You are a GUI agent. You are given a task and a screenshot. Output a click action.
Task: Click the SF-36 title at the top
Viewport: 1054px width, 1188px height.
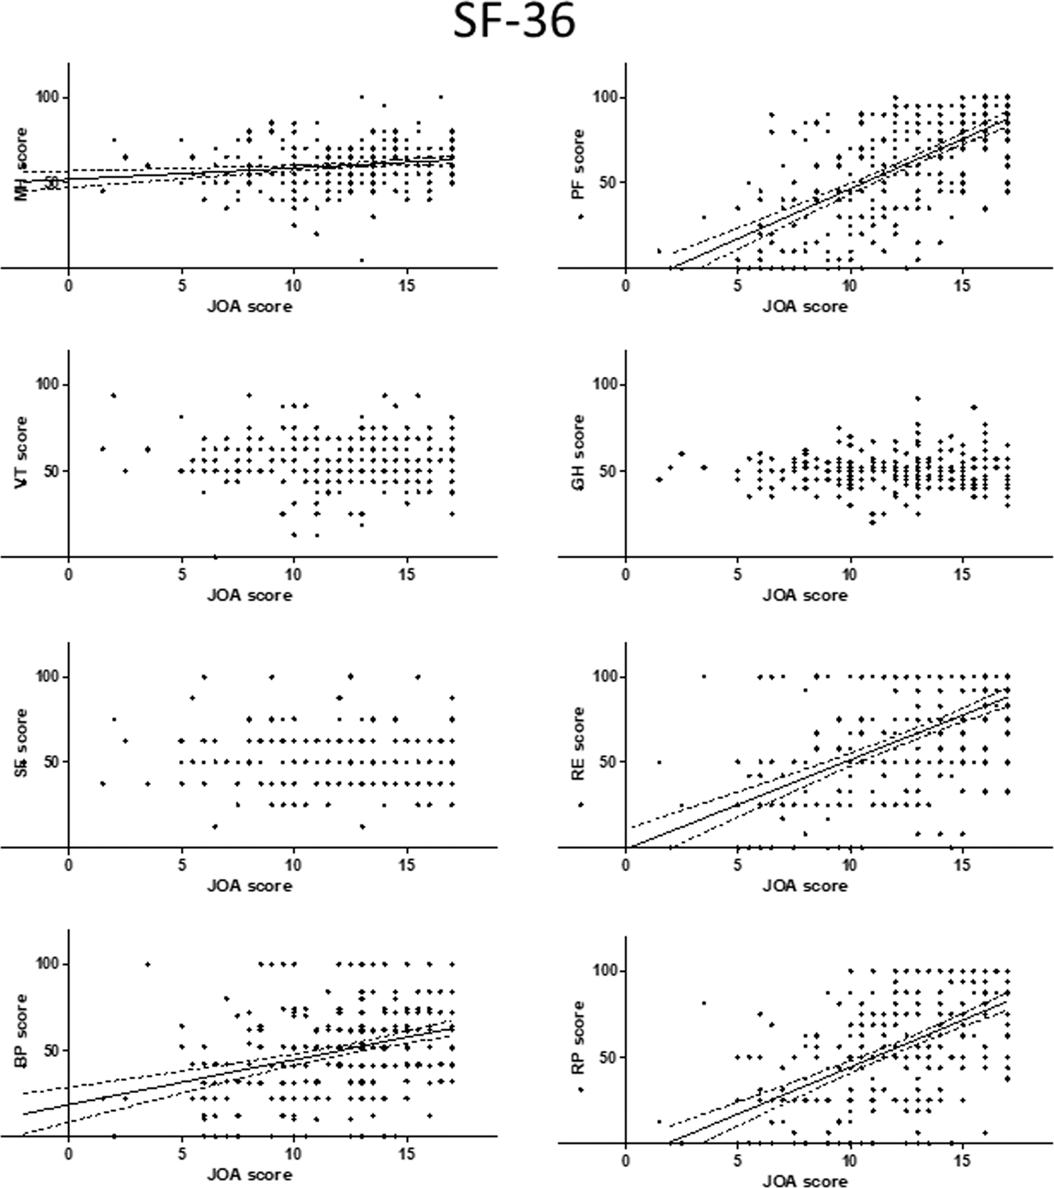pos(514,24)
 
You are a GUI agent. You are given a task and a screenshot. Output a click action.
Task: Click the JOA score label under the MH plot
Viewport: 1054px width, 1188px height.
pos(249,307)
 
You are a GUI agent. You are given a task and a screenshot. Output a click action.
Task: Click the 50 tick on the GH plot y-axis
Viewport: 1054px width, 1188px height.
pos(605,471)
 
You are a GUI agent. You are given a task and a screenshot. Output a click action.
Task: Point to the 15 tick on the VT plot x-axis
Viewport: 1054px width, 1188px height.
pos(407,574)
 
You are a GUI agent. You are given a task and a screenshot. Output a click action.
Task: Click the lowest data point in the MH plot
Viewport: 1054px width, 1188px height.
pos(362,260)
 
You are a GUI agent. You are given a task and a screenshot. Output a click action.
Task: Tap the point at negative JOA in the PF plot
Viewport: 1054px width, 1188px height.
pos(581,217)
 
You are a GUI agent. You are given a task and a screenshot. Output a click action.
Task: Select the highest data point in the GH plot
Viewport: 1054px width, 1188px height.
pos(918,399)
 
